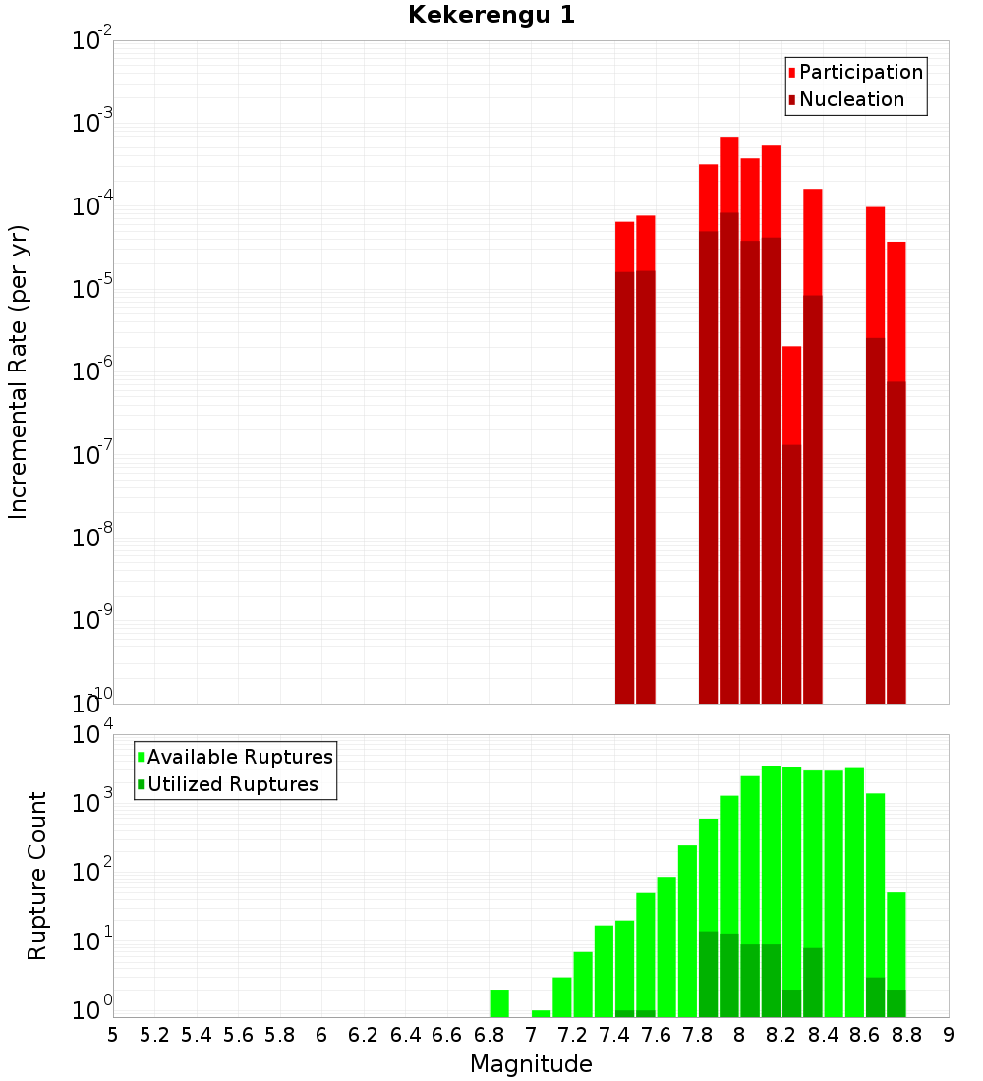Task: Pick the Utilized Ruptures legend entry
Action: pos(232,784)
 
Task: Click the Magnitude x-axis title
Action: pos(531,1064)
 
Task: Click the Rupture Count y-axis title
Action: pos(37,876)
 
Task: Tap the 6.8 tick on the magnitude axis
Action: pos(489,1035)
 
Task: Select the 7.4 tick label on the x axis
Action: pos(614,1035)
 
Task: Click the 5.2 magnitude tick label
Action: pos(154,1035)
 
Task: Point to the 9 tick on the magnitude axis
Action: pos(949,1035)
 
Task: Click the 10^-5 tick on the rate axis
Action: pos(92,289)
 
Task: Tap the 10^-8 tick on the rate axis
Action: pos(92,538)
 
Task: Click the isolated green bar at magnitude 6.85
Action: pos(499,1002)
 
